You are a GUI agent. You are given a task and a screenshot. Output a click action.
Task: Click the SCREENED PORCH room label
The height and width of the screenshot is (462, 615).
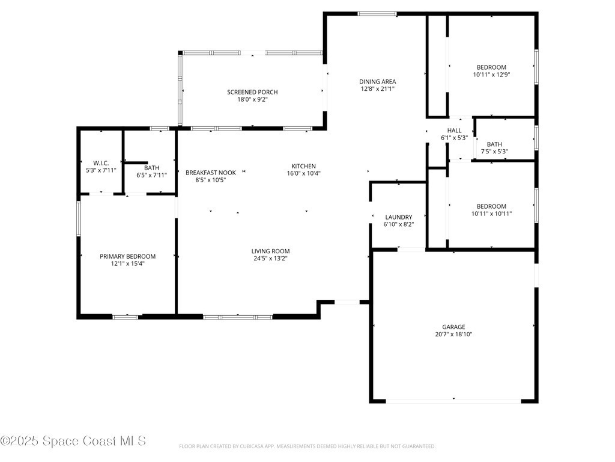tap(252, 92)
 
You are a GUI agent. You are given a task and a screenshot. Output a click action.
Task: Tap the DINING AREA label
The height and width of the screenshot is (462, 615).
tap(377, 82)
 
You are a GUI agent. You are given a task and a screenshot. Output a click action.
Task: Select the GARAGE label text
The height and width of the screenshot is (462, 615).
tap(453, 327)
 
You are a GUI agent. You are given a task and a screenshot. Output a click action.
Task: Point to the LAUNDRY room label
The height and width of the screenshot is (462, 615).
tap(399, 217)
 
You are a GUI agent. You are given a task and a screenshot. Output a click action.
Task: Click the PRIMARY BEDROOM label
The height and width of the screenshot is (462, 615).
tap(127, 256)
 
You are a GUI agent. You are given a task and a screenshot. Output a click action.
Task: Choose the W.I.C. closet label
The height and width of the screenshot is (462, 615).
tap(101, 163)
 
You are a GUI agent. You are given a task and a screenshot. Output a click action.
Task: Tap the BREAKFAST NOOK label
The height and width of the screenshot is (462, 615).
tap(211, 173)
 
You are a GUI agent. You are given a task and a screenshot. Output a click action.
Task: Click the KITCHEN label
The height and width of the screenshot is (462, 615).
tap(303, 166)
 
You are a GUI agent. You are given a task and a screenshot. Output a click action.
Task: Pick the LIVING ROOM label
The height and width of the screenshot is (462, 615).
tap(270, 251)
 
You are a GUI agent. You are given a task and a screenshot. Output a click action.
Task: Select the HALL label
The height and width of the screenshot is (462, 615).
tap(454, 131)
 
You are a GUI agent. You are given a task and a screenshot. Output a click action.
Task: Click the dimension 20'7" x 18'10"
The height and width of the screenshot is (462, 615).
tap(453, 334)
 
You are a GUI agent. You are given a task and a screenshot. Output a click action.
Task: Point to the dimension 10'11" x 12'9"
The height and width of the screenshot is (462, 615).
tap(491, 75)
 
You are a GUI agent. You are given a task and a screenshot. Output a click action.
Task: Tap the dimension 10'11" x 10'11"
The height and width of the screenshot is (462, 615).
tap(491, 214)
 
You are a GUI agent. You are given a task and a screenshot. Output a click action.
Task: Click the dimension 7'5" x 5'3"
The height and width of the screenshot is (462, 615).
tap(494, 152)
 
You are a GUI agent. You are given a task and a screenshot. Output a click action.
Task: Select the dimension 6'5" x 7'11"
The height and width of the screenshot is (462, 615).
tap(151, 175)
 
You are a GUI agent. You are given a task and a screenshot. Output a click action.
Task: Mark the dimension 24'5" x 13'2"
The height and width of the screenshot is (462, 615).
tap(270, 259)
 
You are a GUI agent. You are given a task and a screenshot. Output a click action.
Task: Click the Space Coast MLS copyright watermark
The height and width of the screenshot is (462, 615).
tap(73, 441)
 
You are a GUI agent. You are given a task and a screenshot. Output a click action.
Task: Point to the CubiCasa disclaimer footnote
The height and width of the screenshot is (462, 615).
tap(307, 447)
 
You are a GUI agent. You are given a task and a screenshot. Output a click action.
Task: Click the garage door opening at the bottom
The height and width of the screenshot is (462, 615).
tap(453, 401)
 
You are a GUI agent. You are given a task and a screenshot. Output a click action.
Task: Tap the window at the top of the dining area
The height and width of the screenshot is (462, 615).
tap(377, 14)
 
